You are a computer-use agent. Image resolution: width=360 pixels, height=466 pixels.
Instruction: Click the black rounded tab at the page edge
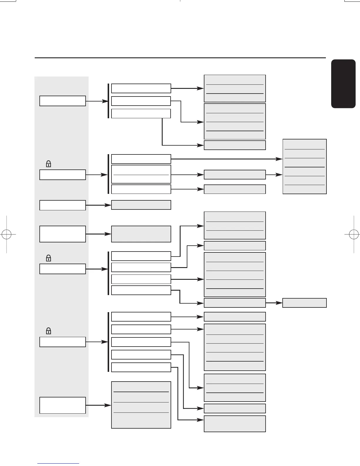tap(343, 84)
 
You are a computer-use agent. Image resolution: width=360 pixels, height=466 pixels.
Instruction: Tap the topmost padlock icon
tap(49, 164)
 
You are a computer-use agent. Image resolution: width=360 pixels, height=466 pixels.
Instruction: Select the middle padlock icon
tap(49, 258)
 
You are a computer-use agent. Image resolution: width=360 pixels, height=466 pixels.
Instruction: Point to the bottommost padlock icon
tap(49, 331)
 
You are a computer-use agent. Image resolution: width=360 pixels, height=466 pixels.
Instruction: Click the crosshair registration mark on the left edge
tap(6, 234)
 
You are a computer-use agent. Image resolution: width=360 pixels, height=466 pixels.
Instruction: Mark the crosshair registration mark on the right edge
tap(354, 234)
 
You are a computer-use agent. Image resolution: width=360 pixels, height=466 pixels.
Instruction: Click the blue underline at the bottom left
tap(58, 464)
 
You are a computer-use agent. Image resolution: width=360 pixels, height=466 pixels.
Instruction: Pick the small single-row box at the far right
tap(304, 303)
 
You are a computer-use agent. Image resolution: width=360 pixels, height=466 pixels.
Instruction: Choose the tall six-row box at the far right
tap(304, 167)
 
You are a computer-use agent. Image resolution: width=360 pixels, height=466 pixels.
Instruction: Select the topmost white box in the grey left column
tap(63, 101)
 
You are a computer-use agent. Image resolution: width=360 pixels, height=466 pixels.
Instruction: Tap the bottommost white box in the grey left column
tap(63, 405)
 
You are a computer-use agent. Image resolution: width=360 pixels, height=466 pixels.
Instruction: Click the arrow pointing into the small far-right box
tap(274, 303)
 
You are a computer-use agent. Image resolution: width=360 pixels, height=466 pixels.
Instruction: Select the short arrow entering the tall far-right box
tap(274, 174)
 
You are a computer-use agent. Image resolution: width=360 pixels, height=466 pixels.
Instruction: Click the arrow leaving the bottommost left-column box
tap(99, 405)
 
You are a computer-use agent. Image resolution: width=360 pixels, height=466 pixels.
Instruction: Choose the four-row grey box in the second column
tap(141, 405)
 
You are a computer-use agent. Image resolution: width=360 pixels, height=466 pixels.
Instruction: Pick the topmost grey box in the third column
tap(235, 88)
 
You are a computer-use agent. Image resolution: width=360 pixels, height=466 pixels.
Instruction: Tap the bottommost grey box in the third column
tap(235, 424)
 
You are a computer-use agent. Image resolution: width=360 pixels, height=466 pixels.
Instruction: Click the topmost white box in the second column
tap(141, 88)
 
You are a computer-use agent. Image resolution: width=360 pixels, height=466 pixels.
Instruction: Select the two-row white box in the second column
tap(141, 174)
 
